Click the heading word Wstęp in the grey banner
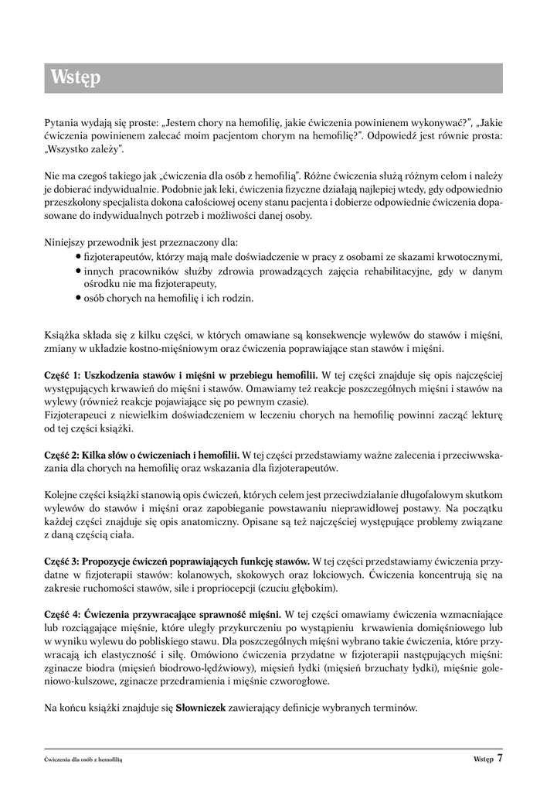(76, 78)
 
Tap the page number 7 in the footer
(501, 759)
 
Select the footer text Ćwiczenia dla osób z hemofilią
(84, 760)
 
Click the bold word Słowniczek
(201, 708)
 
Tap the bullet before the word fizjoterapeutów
(79, 257)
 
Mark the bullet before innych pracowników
(79, 271)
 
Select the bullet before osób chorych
(79, 297)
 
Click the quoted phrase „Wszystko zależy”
(83, 148)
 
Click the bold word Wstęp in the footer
(482, 760)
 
